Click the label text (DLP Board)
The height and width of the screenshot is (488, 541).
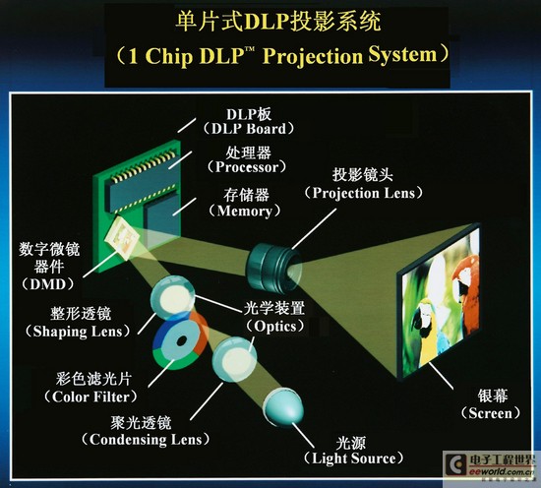(249, 129)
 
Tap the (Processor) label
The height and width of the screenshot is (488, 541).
(247, 167)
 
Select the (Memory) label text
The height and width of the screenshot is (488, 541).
(245, 211)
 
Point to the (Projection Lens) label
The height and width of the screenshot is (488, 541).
(363, 193)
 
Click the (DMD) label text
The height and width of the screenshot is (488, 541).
(47, 284)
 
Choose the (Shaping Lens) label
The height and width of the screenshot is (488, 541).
(78, 332)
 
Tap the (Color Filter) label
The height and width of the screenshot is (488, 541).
(90, 396)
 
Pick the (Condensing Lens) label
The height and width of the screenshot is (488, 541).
(146, 440)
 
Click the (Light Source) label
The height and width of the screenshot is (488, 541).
(353, 458)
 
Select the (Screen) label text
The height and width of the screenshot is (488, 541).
(490, 413)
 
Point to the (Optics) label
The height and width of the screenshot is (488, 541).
(275, 326)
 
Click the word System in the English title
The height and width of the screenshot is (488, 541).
(402, 55)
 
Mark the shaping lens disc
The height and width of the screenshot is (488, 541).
(173, 297)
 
